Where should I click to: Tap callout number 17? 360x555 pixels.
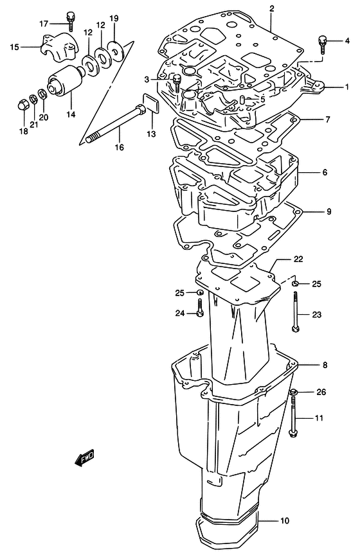[x=44, y=24]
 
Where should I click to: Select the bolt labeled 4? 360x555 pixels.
[x=323, y=44]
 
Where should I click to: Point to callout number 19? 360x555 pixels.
[x=114, y=18]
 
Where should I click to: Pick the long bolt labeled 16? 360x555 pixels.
[x=114, y=124]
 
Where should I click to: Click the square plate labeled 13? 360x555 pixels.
[x=150, y=103]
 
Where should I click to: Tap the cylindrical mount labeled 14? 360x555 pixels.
[x=66, y=82]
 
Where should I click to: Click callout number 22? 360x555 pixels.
[x=298, y=259]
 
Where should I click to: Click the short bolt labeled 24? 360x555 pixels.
[x=200, y=308]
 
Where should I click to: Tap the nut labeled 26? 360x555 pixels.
[x=293, y=392]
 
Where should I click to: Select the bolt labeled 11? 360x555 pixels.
[x=293, y=417]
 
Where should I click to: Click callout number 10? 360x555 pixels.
[x=285, y=521]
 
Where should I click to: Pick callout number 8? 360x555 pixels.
[x=325, y=365]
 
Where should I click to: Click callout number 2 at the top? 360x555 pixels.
[x=272, y=9]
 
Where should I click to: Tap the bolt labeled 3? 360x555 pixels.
[x=177, y=84]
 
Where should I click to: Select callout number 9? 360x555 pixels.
[x=328, y=212]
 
